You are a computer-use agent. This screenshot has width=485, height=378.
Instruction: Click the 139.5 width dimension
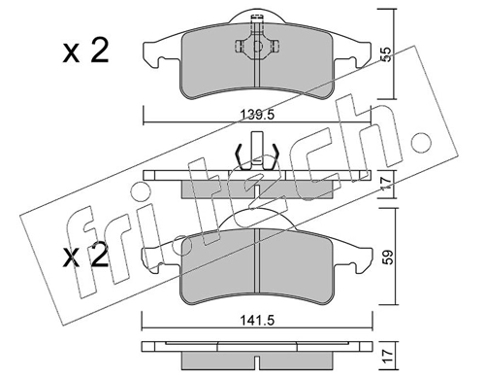[x=257, y=115]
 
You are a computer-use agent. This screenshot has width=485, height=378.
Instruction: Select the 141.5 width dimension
[x=257, y=321]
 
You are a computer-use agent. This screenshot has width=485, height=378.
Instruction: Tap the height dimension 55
[x=386, y=54]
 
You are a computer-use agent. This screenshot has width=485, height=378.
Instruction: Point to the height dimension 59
[x=389, y=257]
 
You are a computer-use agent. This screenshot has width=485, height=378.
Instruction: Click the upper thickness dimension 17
[x=387, y=184]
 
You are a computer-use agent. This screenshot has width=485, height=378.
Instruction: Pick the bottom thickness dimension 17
[x=389, y=356]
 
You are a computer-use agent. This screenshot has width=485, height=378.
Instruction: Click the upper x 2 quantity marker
[x=85, y=52]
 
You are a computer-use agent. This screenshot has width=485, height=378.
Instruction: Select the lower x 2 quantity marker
[x=85, y=256]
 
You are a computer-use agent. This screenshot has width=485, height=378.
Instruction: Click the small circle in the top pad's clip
[x=258, y=47]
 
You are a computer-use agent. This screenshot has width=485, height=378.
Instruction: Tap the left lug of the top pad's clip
[x=239, y=47]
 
